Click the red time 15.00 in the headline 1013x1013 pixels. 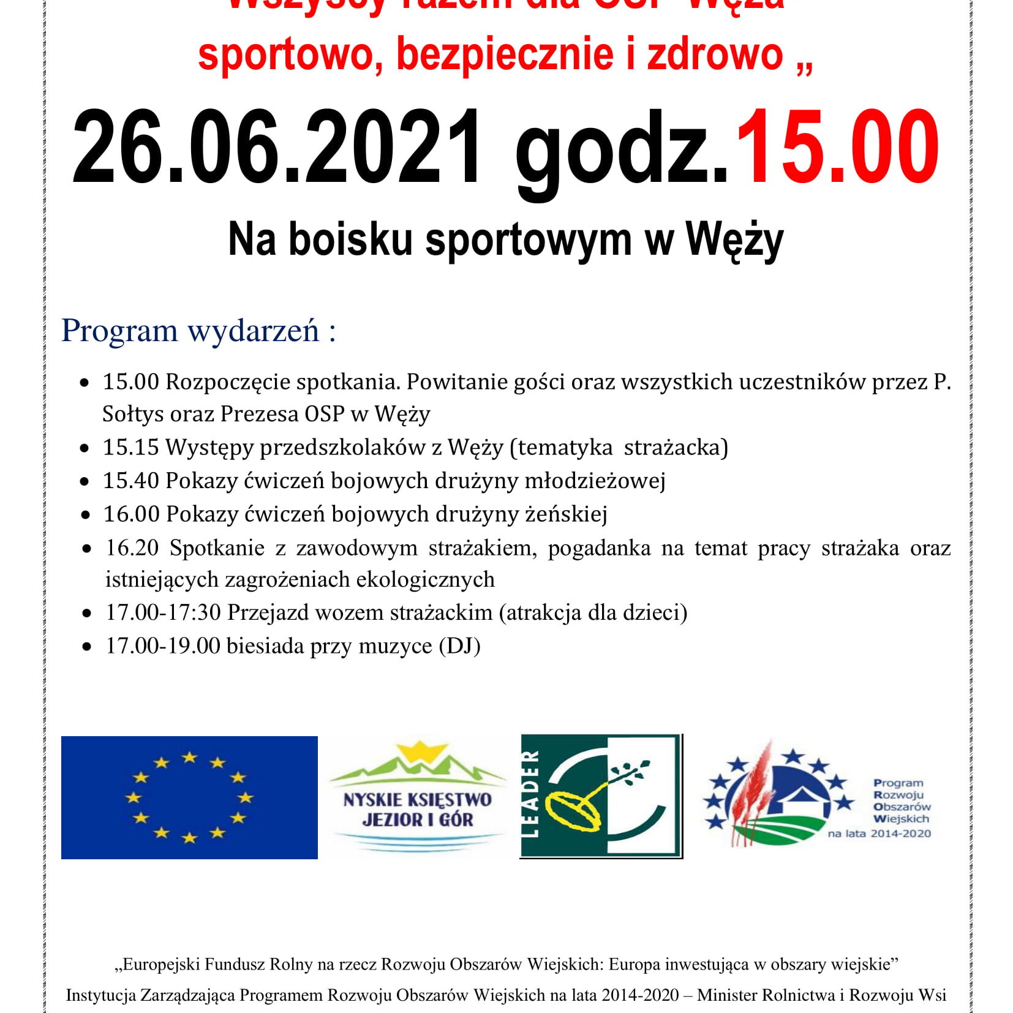coord(837,148)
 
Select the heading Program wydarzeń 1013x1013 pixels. coord(198,331)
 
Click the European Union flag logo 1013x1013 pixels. coord(189,797)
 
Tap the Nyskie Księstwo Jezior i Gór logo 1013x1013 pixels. coord(418,799)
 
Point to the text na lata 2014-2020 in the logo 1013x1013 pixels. coord(879,833)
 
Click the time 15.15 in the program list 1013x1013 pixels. coord(130,447)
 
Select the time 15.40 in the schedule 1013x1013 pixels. coord(130,480)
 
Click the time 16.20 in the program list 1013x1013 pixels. coord(132,547)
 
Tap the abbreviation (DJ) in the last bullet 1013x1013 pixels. coord(459,646)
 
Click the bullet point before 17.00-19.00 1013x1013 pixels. coord(86,647)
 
